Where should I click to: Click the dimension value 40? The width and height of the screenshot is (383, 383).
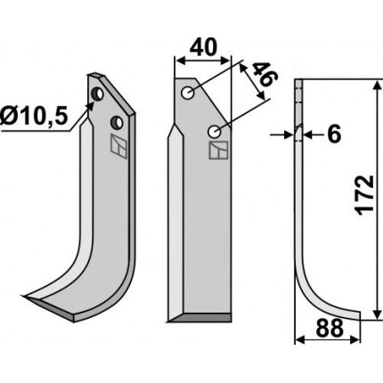click(x=203, y=48)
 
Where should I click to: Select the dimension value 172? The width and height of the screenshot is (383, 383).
click(x=364, y=195)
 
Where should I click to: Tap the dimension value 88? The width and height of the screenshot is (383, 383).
click(x=330, y=328)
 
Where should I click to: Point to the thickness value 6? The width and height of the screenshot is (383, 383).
click(x=334, y=134)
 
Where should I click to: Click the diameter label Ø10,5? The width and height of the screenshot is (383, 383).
click(x=34, y=116)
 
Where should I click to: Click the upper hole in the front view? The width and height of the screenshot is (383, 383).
click(x=188, y=94)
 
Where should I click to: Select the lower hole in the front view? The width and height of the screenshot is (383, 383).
click(x=214, y=132)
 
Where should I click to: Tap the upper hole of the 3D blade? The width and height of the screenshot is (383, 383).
click(x=97, y=94)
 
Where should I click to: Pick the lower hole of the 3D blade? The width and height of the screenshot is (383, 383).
click(x=117, y=123)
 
